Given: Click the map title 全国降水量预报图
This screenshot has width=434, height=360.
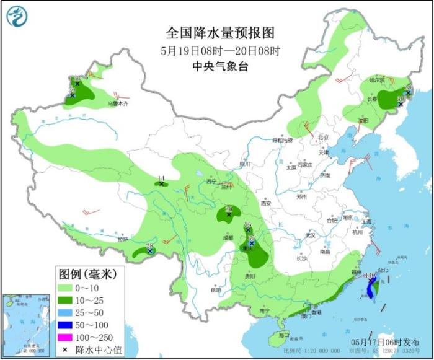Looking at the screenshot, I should tap(220, 32).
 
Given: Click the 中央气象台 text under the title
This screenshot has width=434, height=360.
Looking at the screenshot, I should tap(220, 66).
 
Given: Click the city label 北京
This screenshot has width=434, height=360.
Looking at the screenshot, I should tap(322, 138).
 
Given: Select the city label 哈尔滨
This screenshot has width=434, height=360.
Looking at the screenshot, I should tap(377, 80).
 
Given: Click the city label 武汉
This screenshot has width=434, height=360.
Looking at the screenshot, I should tap(310, 235).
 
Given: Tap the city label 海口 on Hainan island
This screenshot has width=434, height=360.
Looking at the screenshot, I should tap(285, 335).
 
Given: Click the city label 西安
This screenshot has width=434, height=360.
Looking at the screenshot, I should tap(267, 203).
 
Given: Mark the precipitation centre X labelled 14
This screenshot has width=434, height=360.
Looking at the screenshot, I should tap(161, 183).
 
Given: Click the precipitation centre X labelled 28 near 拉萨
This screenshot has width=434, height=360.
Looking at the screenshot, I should tap(149, 251).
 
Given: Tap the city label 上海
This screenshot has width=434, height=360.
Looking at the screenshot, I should tap(366, 221).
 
